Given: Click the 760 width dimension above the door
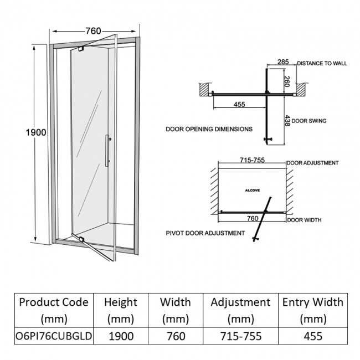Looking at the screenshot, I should point(93,31).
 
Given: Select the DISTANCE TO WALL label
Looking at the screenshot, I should point(322,64).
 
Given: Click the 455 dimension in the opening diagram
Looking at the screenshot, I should point(239,104).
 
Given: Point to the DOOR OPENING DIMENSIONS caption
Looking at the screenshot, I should point(209,129).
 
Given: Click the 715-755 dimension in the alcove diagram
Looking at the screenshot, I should point(252,160).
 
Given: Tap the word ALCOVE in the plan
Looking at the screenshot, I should point(252,190).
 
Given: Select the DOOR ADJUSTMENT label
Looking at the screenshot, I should point(313,163).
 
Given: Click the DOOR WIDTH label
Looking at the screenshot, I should point(304,220).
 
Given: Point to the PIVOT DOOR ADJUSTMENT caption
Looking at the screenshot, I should point(204,233).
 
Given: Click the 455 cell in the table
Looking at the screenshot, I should point(312,336).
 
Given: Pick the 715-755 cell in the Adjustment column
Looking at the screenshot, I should point(240,336).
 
